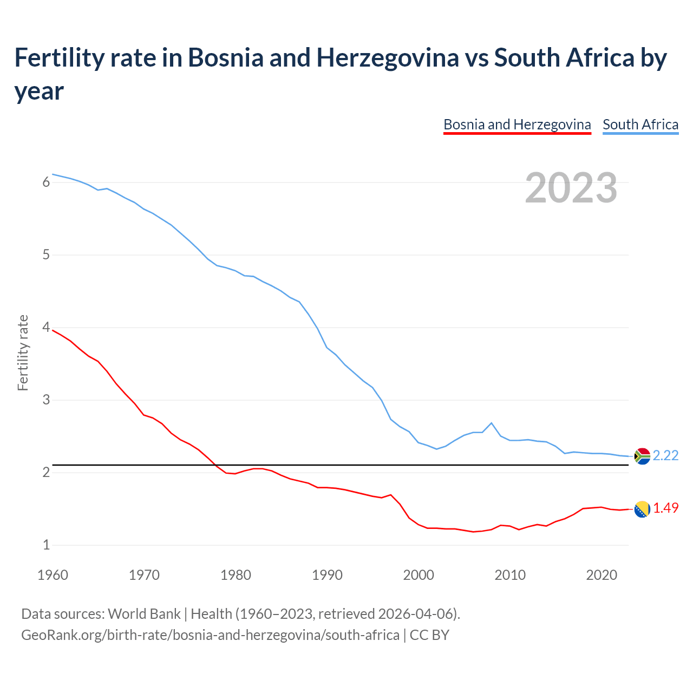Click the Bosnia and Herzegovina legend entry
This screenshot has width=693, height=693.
pos(517,125)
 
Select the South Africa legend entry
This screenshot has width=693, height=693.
pos(640,125)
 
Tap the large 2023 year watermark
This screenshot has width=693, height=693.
pos(571,188)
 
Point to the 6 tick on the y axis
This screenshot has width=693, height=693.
pos(46,182)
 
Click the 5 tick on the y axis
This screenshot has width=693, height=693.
pos(46,255)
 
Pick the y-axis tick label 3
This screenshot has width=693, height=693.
pos(46,400)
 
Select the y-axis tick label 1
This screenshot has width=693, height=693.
pos(46,545)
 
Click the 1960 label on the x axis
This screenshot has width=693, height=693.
pos(53,575)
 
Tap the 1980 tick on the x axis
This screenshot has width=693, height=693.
pos(236,575)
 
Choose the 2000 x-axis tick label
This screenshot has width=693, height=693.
pos(419,575)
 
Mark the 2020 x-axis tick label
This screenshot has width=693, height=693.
pos(602,575)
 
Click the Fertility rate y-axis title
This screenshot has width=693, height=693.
pos(23,352)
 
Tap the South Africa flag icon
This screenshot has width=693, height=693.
pos(642,456)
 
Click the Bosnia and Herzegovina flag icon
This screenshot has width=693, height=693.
pos(642,509)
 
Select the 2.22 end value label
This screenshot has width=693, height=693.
pos(665,456)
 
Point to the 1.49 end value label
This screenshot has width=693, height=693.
pos(665,508)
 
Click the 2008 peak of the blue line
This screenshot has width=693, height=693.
pos(491,423)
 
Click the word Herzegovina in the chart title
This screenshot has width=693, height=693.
pos(388,57)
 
